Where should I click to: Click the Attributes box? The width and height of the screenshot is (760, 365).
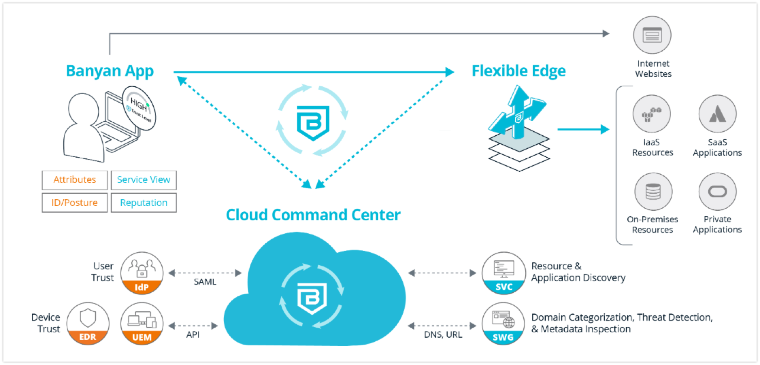pyautogui.click(x=75, y=180)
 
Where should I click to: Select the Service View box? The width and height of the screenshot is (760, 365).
pyautogui.click(x=144, y=180)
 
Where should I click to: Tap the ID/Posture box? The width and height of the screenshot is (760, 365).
pyautogui.click(x=75, y=203)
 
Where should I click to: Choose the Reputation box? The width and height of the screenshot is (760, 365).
pyautogui.click(x=144, y=203)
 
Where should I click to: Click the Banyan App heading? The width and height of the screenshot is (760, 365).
pyautogui.click(x=110, y=71)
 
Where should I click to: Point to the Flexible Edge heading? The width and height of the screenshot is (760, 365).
pyautogui.click(x=518, y=71)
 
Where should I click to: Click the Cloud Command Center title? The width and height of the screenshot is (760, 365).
pyautogui.click(x=313, y=215)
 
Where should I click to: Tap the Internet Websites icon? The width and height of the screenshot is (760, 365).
pyautogui.click(x=652, y=35)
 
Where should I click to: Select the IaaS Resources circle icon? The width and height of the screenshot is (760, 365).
pyautogui.click(x=651, y=114)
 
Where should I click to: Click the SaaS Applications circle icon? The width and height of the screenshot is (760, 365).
pyautogui.click(x=717, y=114)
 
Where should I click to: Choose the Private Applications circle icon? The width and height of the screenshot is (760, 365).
pyautogui.click(x=717, y=192)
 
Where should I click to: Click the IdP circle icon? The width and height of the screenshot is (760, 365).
pyautogui.click(x=142, y=273)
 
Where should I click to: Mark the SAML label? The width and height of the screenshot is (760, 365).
pyautogui.click(x=205, y=282)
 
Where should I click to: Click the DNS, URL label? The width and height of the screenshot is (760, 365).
pyautogui.click(x=443, y=335)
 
